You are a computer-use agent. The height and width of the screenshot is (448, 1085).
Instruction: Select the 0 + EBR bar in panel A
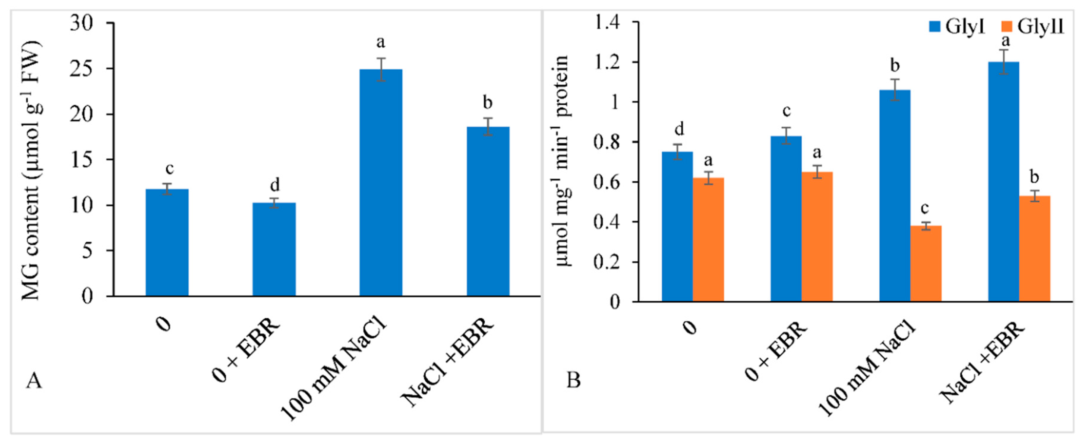click(x=274, y=249)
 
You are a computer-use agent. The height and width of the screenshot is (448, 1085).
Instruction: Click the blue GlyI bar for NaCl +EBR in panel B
click(x=1004, y=182)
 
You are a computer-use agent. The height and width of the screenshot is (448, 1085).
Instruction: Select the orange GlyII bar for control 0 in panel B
click(x=708, y=239)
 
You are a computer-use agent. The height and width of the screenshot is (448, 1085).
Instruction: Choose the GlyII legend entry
click(x=1032, y=27)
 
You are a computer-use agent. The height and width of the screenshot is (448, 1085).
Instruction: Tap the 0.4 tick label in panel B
click(x=607, y=222)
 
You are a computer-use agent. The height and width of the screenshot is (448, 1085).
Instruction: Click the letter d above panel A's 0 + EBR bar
click(x=274, y=185)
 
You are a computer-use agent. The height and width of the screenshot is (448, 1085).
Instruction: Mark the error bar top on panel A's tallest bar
click(x=381, y=59)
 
